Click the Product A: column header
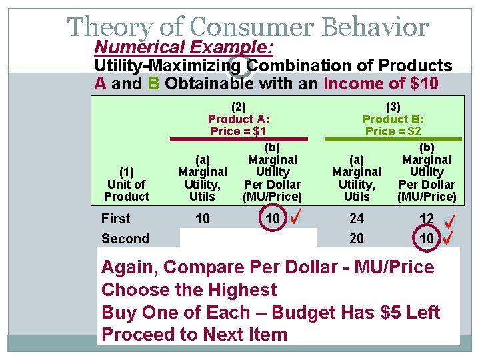(239, 119)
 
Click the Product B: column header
(393, 119)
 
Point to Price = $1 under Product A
(239, 131)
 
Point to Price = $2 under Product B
(393, 131)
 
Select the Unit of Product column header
(127, 184)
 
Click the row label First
(116, 219)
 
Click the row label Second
(125, 239)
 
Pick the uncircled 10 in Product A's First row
(202, 219)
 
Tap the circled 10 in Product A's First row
(273, 219)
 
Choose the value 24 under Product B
(357, 219)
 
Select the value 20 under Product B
(357, 239)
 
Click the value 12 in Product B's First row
(427, 219)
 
